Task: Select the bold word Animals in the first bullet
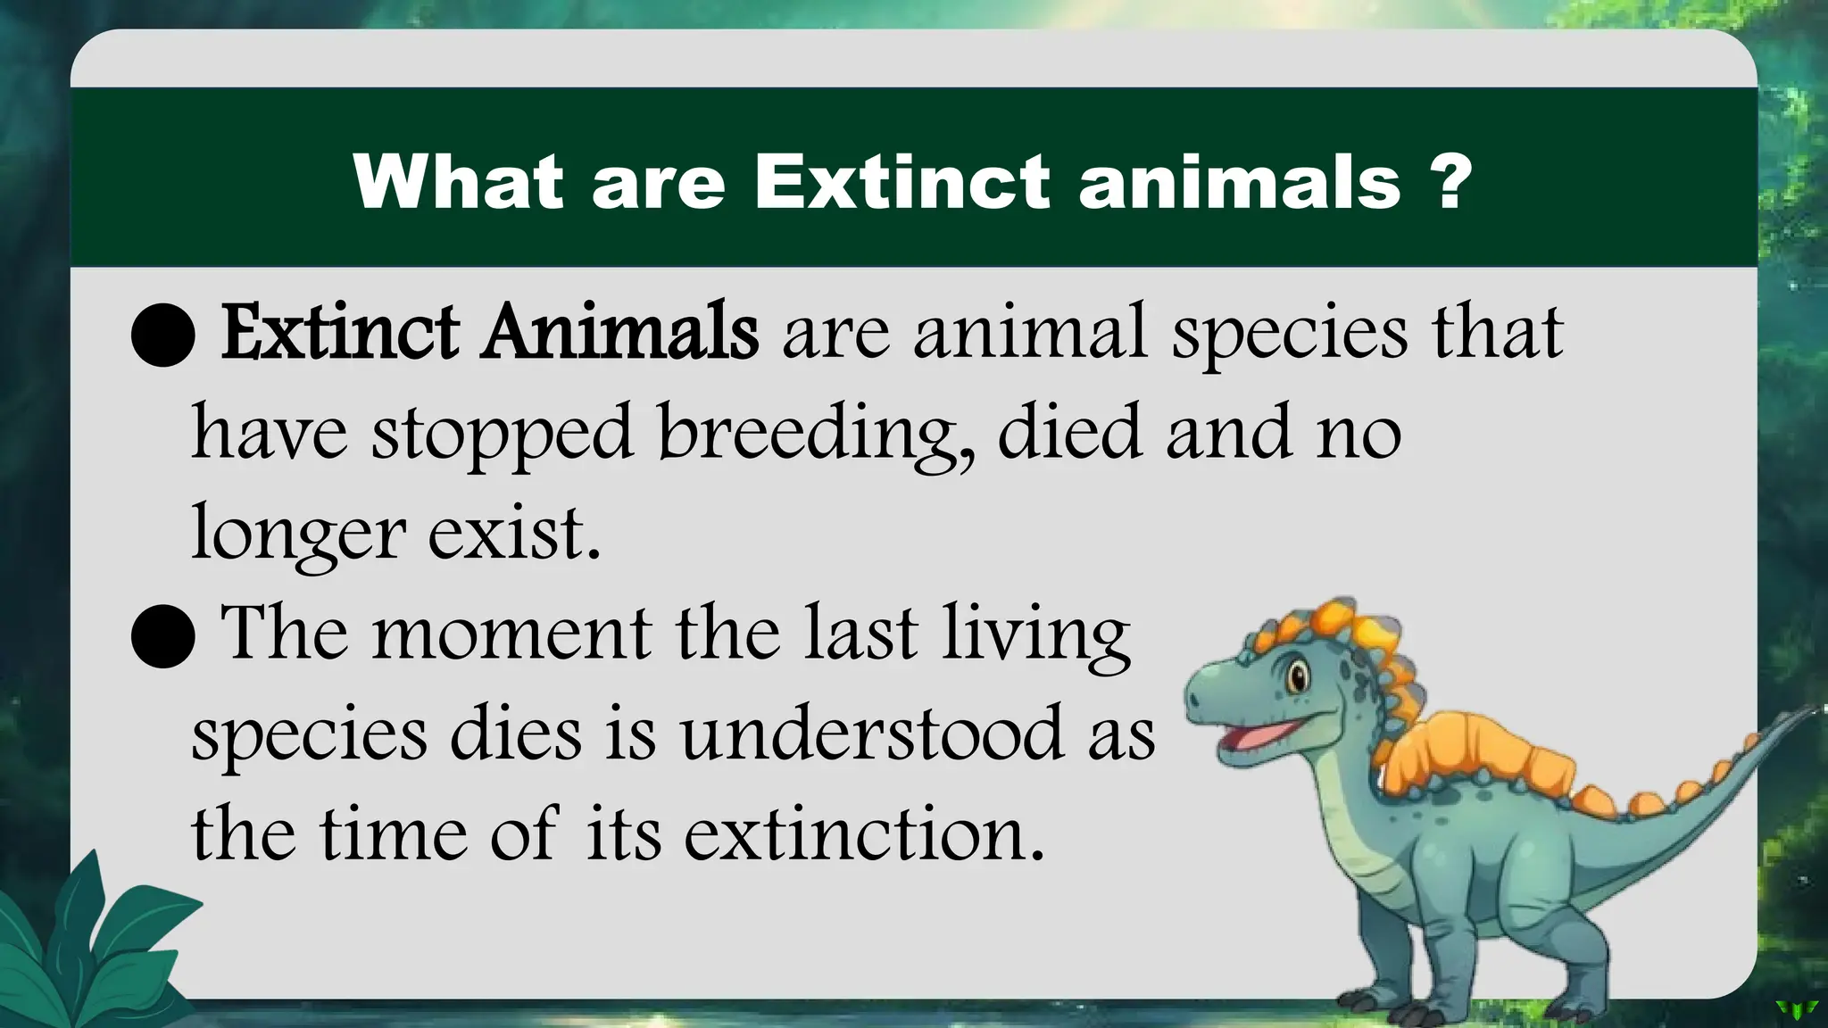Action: click(x=620, y=332)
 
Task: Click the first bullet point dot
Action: click(x=162, y=335)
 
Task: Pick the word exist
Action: click(x=513, y=533)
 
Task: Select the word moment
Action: click(x=511, y=634)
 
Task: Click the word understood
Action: click(x=872, y=734)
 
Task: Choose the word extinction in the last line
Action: click(x=863, y=834)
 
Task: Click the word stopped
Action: click(x=502, y=435)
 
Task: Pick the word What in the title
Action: click(x=458, y=181)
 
